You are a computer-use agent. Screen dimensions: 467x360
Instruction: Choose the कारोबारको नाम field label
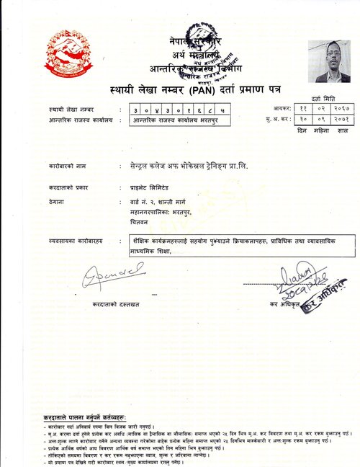tap(68, 166)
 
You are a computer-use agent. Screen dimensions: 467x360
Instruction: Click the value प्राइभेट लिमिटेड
tap(143, 186)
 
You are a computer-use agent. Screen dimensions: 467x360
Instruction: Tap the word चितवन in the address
tap(130, 222)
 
